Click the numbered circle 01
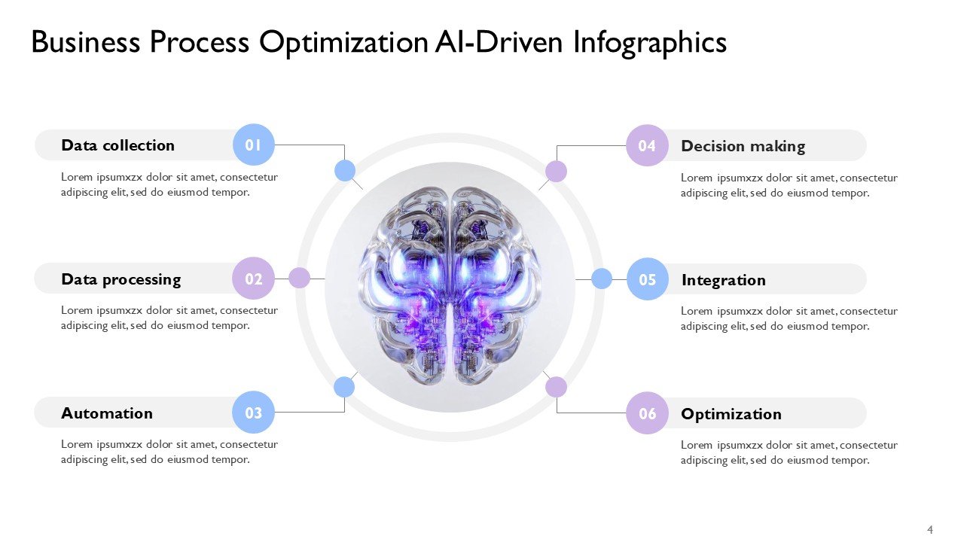pyautogui.click(x=254, y=145)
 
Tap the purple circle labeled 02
pyautogui.click(x=254, y=279)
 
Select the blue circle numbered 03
pyautogui.click(x=254, y=413)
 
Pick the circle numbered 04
pyautogui.click(x=648, y=145)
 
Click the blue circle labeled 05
pyautogui.click(x=648, y=279)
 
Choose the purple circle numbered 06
pyautogui.click(x=648, y=413)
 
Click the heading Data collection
pyautogui.click(x=117, y=145)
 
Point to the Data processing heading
pyautogui.click(x=120, y=279)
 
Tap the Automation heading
pyautogui.click(x=107, y=413)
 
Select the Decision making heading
pyautogui.click(x=743, y=146)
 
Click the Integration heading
pyautogui.click(x=723, y=280)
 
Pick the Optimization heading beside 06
pyautogui.click(x=731, y=414)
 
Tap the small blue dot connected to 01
pyautogui.click(x=344, y=171)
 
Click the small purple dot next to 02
pyautogui.click(x=300, y=278)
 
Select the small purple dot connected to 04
pyautogui.click(x=556, y=172)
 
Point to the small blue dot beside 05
pyautogui.click(x=602, y=279)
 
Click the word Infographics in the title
pyautogui.click(x=650, y=43)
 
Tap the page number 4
pyautogui.click(x=930, y=530)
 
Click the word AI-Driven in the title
pyautogui.click(x=499, y=43)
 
